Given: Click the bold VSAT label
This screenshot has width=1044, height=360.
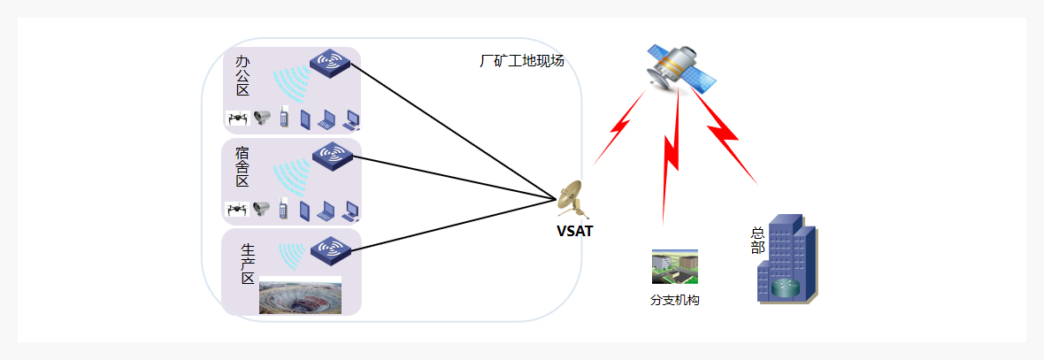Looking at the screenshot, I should pos(574,233).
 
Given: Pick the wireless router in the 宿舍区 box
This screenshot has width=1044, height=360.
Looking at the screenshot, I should pos(333,157).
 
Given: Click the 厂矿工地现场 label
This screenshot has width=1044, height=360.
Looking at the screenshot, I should pos(521,61).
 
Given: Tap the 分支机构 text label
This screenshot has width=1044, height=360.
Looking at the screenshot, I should pos(674,300).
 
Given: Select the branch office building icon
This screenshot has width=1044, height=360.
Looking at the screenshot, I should pos(674,266).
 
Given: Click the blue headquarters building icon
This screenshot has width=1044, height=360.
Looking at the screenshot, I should pos(787,260).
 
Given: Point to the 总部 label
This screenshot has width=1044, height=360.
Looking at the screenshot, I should pos(757,240).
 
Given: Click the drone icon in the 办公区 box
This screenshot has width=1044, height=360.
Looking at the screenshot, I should pos(236,118).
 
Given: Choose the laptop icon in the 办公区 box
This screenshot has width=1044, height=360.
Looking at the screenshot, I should pos(327,119).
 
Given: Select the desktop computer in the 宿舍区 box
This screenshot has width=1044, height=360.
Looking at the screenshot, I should pos(351,211).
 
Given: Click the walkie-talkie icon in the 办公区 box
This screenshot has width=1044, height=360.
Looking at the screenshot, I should pos(284,117).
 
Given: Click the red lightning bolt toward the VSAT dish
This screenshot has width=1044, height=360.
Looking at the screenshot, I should pos(618,128).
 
